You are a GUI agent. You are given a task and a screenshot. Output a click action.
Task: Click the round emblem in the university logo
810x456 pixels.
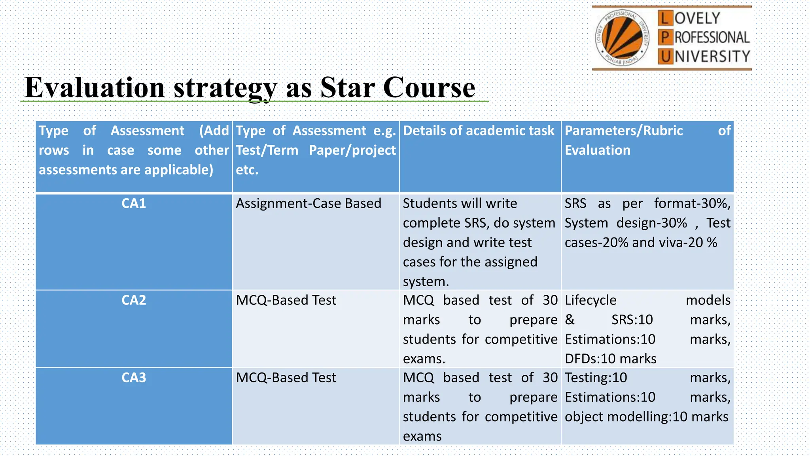tap(622, 38)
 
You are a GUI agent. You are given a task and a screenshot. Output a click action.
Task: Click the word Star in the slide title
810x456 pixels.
tap(347, 87)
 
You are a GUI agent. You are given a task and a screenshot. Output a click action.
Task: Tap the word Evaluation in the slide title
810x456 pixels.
tap(95, 87)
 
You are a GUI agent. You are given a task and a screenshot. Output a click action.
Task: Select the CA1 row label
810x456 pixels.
tap(134, 203)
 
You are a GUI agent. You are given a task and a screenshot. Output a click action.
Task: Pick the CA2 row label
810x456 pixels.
tap(134, 300)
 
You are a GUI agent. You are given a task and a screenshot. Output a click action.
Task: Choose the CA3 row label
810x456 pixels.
tap(134, 378)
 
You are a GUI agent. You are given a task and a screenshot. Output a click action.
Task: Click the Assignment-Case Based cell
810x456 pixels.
tap(308, 203)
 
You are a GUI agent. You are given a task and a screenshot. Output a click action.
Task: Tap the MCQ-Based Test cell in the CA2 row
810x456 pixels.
tap(286, 300)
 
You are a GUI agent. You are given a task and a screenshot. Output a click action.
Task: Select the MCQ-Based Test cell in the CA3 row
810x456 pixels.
tap(286, 378)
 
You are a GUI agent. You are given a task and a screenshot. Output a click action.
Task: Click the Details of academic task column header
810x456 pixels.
tap(479, 131)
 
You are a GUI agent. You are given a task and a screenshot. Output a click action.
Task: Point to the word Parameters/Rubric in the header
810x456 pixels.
tap(624, 131)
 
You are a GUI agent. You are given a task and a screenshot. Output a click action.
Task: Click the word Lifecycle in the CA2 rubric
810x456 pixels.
tap(590, 300)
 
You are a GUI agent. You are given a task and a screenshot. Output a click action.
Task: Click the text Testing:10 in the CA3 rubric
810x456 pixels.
tap(596, 378)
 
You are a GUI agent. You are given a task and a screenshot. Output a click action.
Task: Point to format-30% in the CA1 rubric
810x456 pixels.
tap(692, 203)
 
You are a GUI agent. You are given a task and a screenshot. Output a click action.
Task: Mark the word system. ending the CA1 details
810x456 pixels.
tap(426, 281)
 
